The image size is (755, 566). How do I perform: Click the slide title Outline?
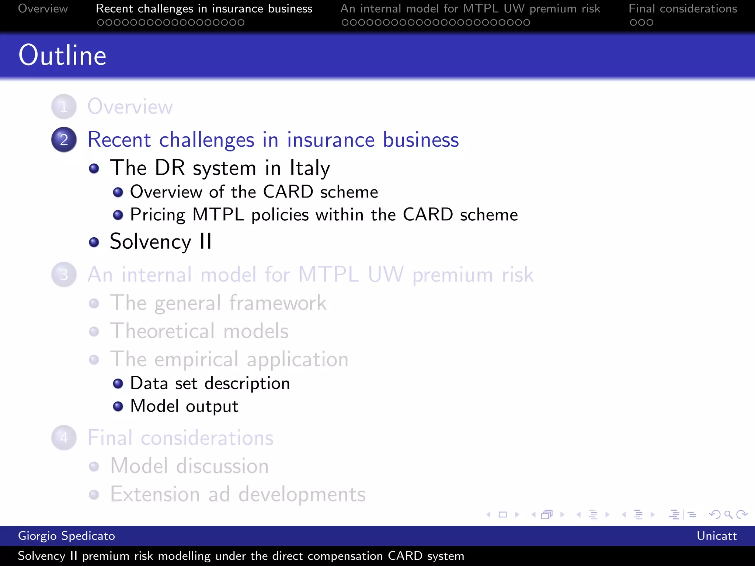62,55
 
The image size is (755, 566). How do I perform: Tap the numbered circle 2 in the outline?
64,140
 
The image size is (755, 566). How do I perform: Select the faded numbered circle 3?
64,275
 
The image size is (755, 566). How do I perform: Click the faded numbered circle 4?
64,438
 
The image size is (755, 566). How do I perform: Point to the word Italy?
310,168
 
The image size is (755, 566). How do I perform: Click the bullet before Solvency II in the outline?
94,242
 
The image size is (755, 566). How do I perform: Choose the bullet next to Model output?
118,406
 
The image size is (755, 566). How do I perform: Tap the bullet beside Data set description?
118,384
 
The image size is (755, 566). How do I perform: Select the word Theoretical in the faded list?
163,331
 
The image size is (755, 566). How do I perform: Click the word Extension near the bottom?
155,494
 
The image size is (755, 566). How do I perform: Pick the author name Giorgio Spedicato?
66,536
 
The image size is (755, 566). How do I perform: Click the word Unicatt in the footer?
716,536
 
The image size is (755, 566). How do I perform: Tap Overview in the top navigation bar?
43,8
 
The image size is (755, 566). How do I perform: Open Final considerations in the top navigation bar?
682,8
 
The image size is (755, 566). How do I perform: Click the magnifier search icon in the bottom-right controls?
728,514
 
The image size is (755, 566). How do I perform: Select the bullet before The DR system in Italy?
94,169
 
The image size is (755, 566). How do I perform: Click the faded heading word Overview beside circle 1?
130,107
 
